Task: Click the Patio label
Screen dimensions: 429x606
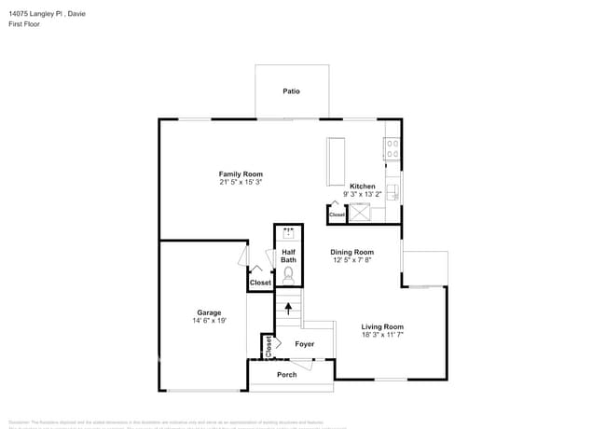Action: [292, 91]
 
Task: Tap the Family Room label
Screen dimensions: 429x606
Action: [241, 174]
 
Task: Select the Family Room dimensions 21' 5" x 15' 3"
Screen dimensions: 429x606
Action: [241, 183]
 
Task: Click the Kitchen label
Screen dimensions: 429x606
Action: [363, 187]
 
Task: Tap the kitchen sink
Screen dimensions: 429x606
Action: [393, 192]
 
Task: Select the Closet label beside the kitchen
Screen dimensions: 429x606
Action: [337, 214]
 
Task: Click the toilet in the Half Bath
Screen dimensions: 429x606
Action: [288, 275]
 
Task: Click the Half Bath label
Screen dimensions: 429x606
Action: [288, 256]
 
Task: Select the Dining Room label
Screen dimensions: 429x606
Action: [351, 252]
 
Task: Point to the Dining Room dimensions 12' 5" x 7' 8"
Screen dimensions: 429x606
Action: [351, 260]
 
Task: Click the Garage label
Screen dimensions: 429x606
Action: [209, 312]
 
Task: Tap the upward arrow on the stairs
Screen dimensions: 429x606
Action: [288, 307]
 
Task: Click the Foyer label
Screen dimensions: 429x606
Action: [305, 344]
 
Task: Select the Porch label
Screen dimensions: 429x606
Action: [287, 375]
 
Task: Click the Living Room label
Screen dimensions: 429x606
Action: [383, 325]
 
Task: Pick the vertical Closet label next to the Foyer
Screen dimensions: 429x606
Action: [269, 347]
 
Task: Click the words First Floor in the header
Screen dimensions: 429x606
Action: [23, 24]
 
